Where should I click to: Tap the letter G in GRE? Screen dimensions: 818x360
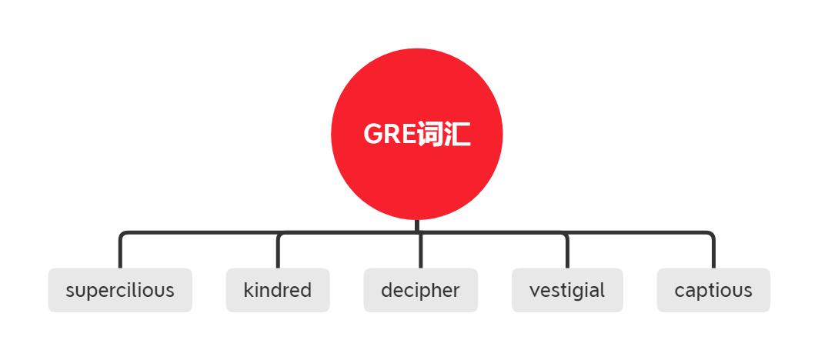[372, 135]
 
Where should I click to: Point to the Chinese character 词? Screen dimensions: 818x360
[432, 135]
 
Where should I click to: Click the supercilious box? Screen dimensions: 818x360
[120, 290]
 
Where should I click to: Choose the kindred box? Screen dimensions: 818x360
[278, 290]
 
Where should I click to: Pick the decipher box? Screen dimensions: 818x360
[420, 290]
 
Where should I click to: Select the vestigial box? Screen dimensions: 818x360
[567, 290]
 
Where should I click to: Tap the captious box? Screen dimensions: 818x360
[713, 290]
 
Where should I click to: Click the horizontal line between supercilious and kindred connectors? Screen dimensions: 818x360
[199, 232]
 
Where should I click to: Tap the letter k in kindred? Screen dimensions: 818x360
[248, 290]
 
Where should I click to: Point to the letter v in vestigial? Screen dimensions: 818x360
[534, 291]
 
